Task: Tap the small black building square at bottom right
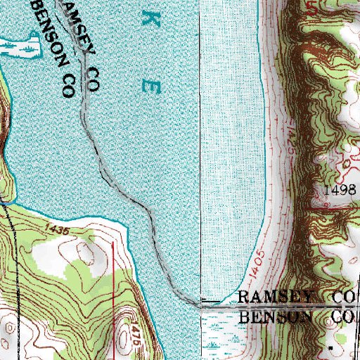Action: coord(330,347)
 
